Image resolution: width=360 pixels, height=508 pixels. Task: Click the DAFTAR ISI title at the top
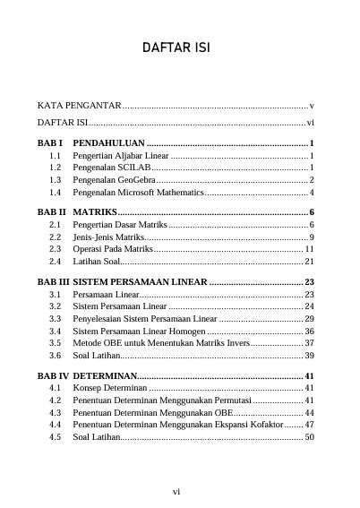[x=179, y=47]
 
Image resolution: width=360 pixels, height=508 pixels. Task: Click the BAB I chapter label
[x=49, y=143]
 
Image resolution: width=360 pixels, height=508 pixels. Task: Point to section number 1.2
[x=56, y=168]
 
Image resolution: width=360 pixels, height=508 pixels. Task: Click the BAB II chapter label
[x=51, y=212]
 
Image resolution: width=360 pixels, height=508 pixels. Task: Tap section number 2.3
[x=56, y=249]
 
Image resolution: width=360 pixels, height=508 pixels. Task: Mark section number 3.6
[x=56, y=356]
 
